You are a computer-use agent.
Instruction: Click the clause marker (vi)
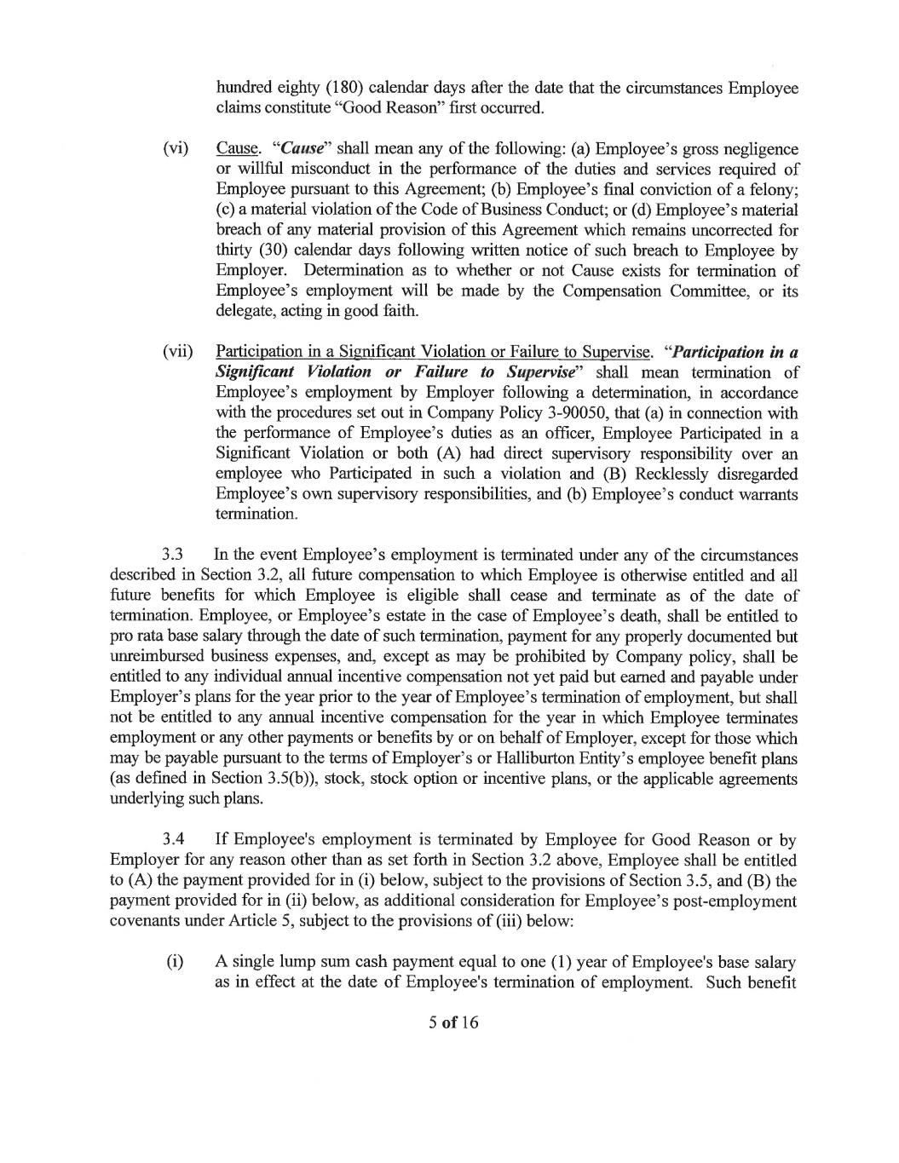(x=176, y=148)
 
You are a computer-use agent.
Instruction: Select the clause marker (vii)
(x=178, y=352)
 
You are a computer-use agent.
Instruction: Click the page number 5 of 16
(x=453, y=1022)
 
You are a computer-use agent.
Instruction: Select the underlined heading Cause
(x=238, y=148)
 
